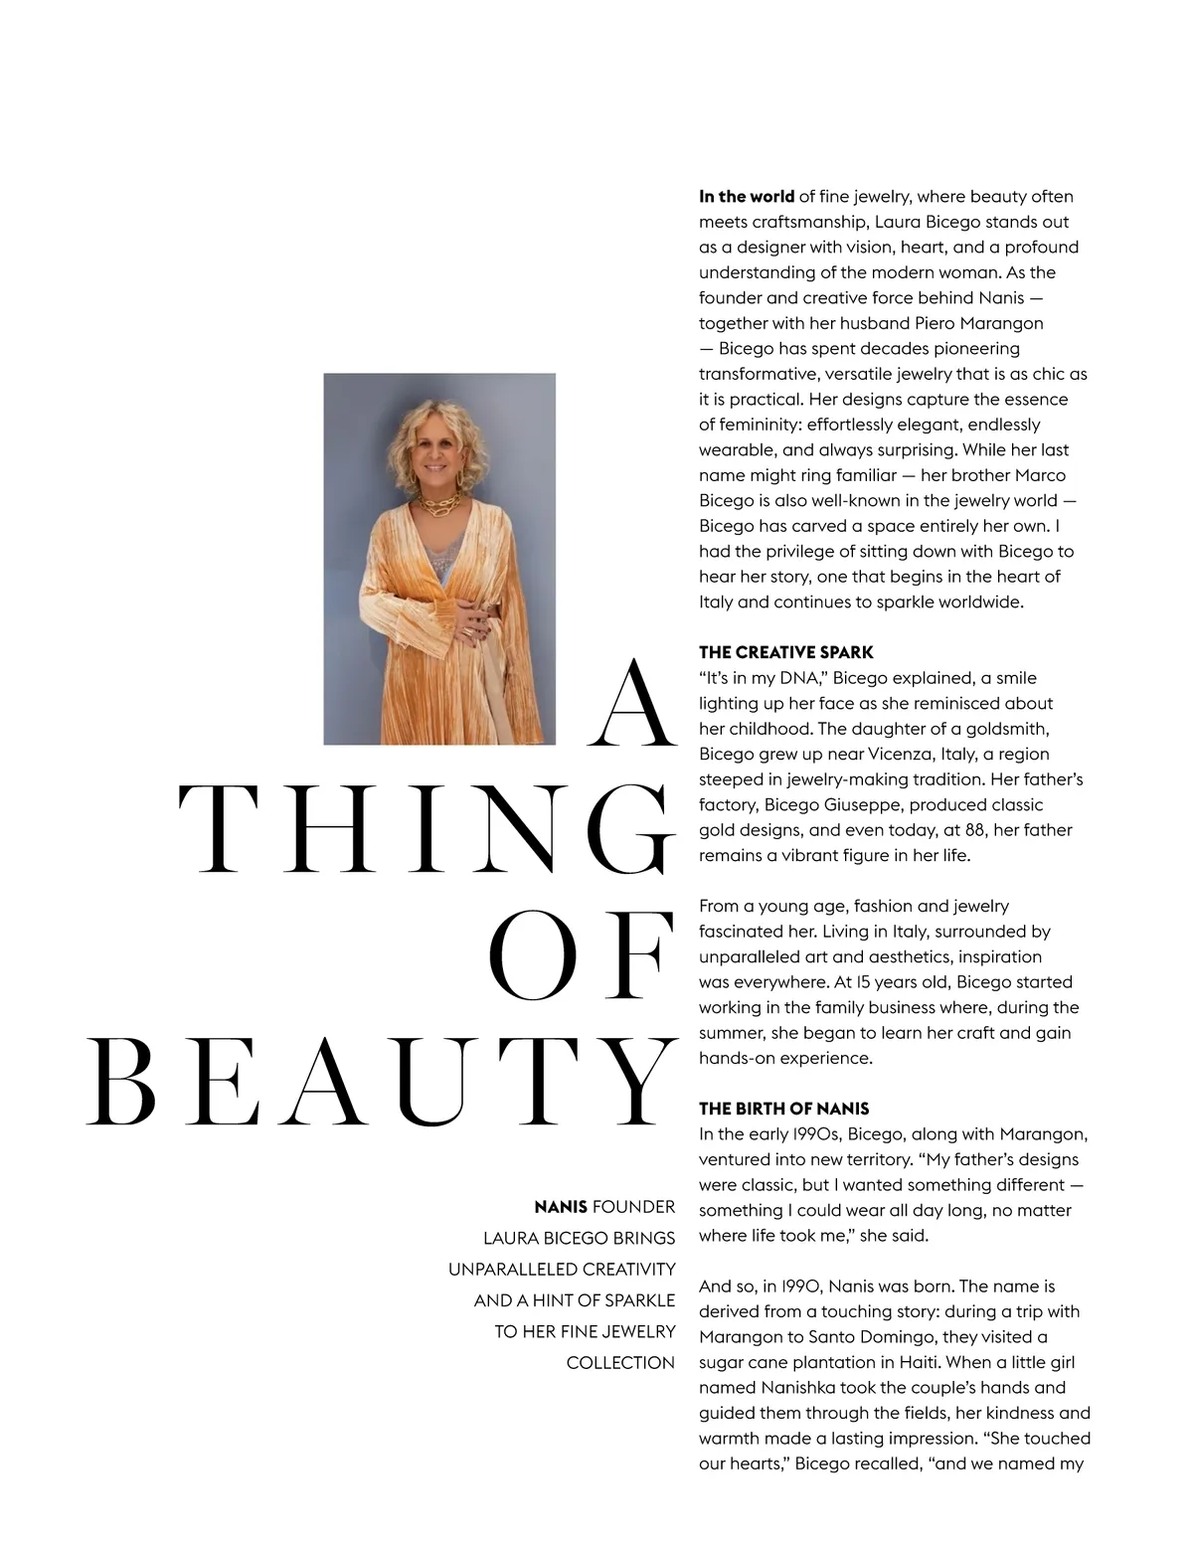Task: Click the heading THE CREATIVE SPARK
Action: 785,652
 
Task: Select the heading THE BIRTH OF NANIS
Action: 783,1109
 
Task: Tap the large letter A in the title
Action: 629,705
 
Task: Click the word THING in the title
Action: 426,829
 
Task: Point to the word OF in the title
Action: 581,955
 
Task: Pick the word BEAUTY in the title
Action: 382,1082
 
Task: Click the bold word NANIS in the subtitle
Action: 560,1207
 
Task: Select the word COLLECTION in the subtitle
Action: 620,1363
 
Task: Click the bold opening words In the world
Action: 746,197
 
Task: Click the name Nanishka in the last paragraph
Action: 801,1388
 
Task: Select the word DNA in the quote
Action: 798,678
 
